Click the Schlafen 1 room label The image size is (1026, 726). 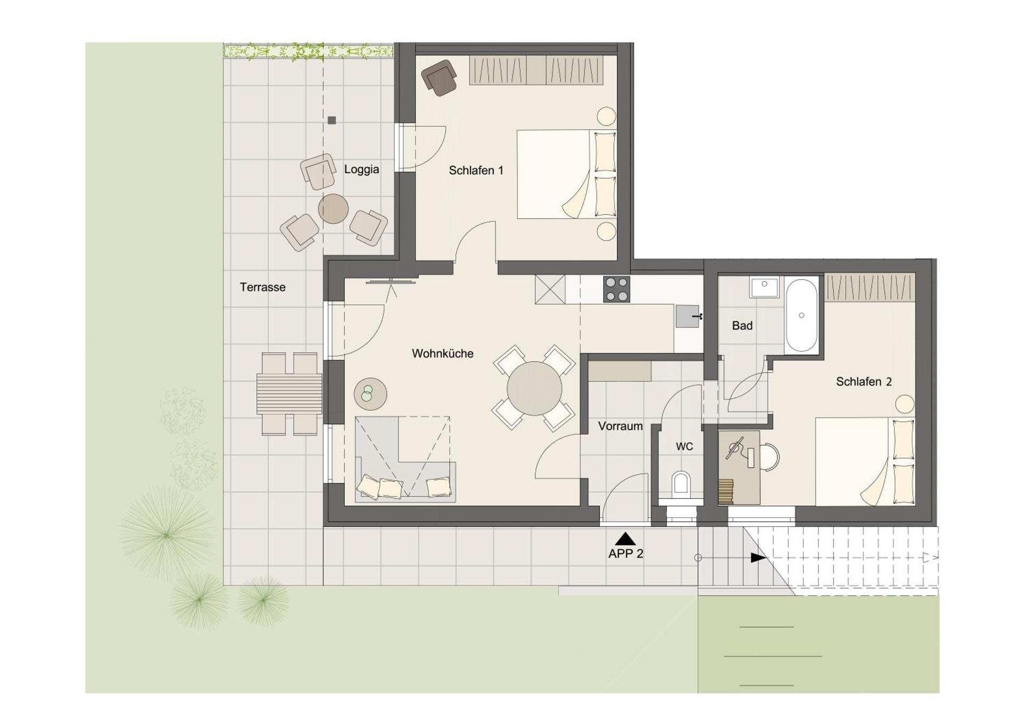coord(476,171)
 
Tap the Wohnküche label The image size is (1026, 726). coord(442,353)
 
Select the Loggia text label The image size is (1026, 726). coord(361,169)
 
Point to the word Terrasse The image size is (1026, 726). coord(262,287)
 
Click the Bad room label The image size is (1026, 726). coord(742,326)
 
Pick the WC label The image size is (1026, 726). coord(684,446)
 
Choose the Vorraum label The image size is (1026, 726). coord(620,426)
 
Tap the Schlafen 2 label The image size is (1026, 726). coord(864,382)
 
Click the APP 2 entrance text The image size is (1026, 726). coord(625,554)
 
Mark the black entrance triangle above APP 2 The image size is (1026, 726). coord(625,539)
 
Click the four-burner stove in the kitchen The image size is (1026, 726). coord(616,289)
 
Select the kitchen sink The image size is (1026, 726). coord(687,316)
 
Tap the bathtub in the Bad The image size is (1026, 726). coord(801,315)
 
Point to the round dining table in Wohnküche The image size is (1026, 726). coord(534,389)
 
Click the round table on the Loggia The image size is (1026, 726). coord(333,208)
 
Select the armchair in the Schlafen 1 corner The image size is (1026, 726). coord(439,78)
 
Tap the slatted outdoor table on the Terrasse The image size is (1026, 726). coord(289,394)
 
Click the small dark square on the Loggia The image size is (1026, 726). coord(332,120)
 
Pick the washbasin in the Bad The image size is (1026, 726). coord(764,287)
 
